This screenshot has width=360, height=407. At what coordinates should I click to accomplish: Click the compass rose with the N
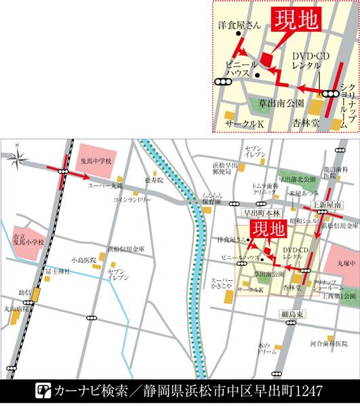pyautogui.click(x=19, y=159)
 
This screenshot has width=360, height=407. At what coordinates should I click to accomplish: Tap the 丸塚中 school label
pyautogui.click(x=346, y=263)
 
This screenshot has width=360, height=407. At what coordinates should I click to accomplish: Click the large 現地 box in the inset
pyautogui.click(x=295, y=21)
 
